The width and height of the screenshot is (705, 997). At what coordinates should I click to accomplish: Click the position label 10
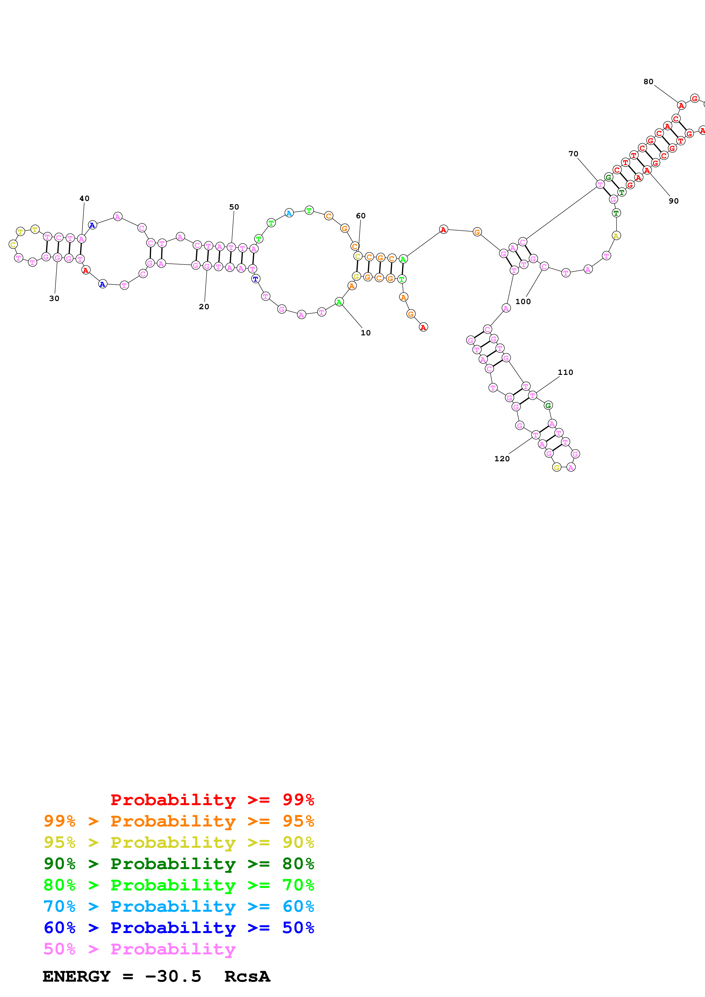(x=365, y=333)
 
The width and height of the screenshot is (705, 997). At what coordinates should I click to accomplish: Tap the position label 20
(x=204, y=307)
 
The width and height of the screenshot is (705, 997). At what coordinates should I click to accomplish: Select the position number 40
(x=84, y=198)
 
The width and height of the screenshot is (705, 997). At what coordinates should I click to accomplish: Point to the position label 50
(x=234, y=207)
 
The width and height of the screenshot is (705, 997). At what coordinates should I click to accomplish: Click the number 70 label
(x=573, y=154)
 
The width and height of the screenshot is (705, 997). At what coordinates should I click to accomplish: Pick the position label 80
(x=648, y=82)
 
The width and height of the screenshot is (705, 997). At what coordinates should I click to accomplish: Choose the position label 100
(x=523, y=301)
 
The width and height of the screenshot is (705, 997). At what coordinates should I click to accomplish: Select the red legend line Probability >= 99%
(x=212, y=799)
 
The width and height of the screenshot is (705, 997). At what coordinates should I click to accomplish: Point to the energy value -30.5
(x=173, y=976)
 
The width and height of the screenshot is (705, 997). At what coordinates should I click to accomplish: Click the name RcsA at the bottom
(x=247, y=976)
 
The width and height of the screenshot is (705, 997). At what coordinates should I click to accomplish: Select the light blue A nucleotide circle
(x=289, y=213)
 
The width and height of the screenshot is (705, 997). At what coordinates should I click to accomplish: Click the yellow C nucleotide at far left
(x=13, y=244)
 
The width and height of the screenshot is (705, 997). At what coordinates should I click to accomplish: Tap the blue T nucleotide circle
(x=255, y=279)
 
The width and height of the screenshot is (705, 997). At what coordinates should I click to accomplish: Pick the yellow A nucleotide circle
(x=616, y=236)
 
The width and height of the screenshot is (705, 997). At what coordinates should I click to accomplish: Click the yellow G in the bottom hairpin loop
(x=557, y=467)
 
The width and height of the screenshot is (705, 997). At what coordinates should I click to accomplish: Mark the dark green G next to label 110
(x=548, y=405)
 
